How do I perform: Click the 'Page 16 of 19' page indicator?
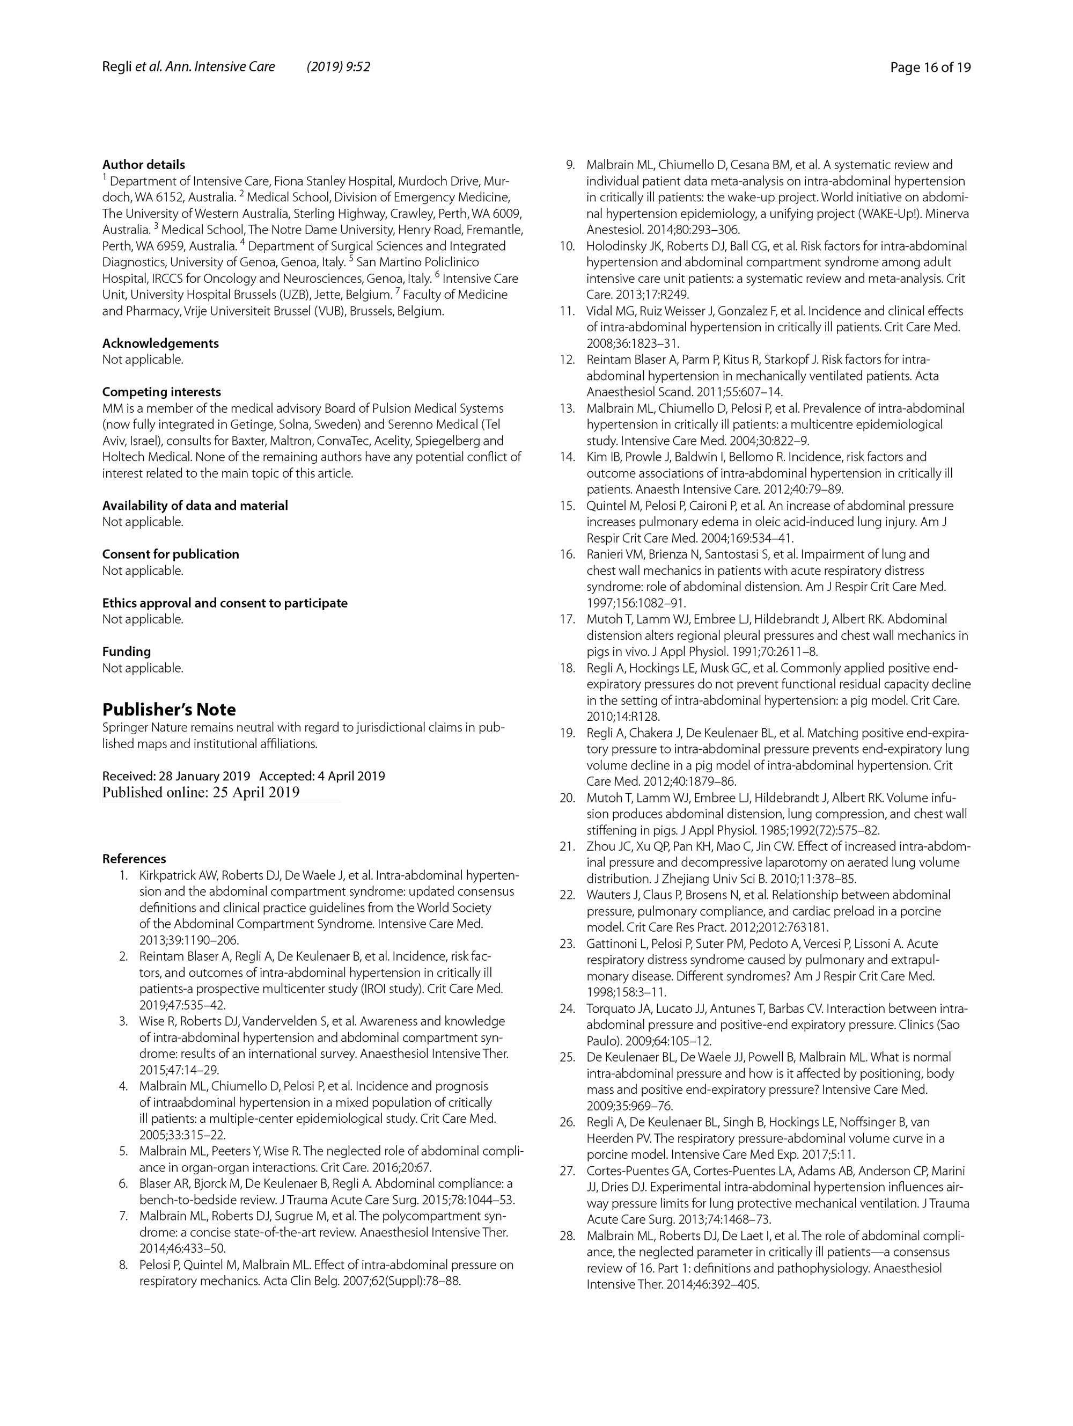[x=930, y=67]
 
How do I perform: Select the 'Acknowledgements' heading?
[x=160, y=343]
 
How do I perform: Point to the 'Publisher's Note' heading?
[x=169, y=709]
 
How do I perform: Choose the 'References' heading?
[x=134, y=859]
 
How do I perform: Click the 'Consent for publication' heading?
[x=170, y=554]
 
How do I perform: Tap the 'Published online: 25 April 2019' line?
[x=201, y=792]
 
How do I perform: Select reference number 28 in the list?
[x=567, y=1236]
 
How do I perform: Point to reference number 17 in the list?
[x=567, y=619]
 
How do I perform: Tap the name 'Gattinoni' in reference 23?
[x=612, y=944]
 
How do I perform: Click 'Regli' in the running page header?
[x=116, y=67]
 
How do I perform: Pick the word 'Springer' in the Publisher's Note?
[x=124, y=728]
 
